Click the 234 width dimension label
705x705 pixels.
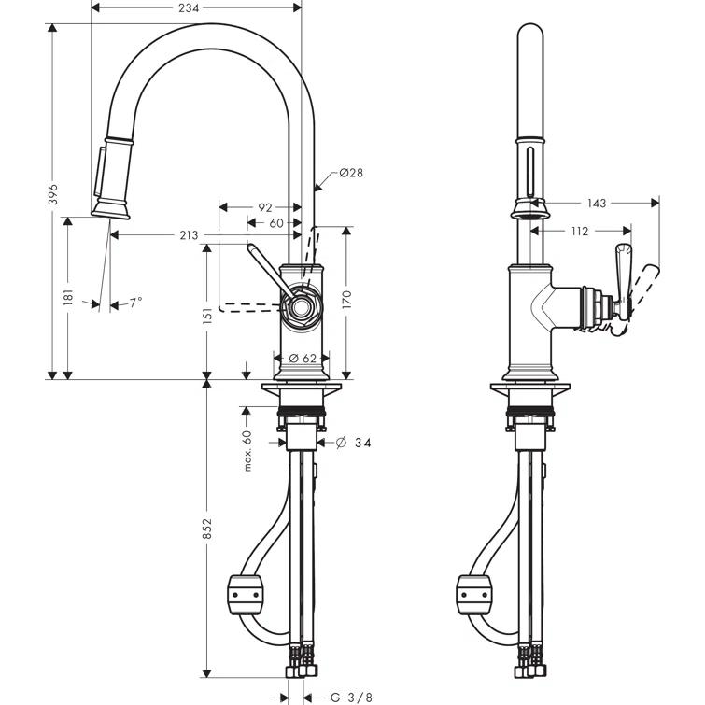[196, 8]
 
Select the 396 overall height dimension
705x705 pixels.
[53, 194]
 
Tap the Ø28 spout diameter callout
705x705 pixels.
[350, 173]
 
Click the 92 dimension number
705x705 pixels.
[264, 207]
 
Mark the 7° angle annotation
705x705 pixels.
[135, 303]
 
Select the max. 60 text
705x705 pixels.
[248, 450]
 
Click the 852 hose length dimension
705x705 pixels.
[208, 529]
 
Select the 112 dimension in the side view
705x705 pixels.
[578, 232]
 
